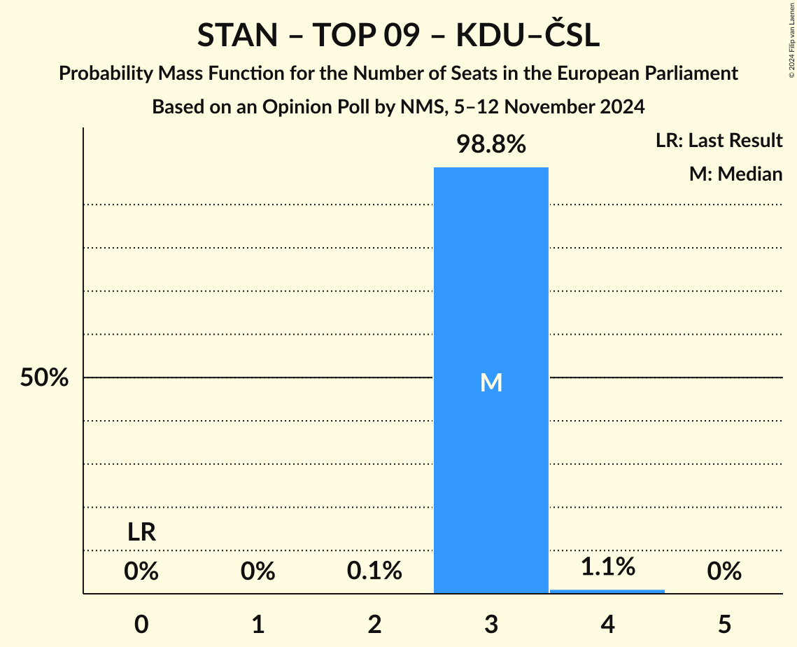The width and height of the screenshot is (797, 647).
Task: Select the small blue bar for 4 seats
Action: (x=607, y=591)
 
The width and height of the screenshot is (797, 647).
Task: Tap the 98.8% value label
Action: (x=491, y=145)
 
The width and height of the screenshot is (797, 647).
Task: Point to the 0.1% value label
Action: (x=374, y=571)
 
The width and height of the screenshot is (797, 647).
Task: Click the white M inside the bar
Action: (x=491, y=382)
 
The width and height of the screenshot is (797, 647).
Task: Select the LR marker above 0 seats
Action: (x=141, y=533)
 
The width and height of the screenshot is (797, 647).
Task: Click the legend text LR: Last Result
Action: (x=719, y=141)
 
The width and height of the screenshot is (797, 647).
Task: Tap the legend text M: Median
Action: (x=735, y=174)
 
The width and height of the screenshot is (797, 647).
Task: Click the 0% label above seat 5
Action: (x=724, y=571)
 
